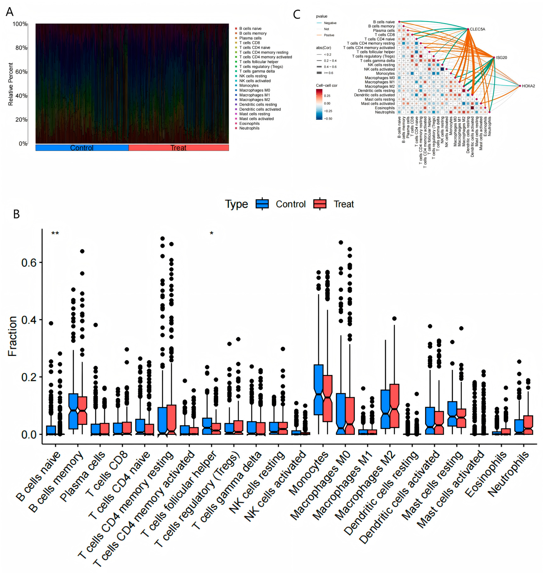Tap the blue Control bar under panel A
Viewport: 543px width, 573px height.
tap(82, 148)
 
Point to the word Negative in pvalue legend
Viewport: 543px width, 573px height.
tap(330, 23)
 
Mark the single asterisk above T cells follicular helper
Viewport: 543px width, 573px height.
tap(212, 233)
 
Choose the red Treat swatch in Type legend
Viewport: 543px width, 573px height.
tap(320, 204)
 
